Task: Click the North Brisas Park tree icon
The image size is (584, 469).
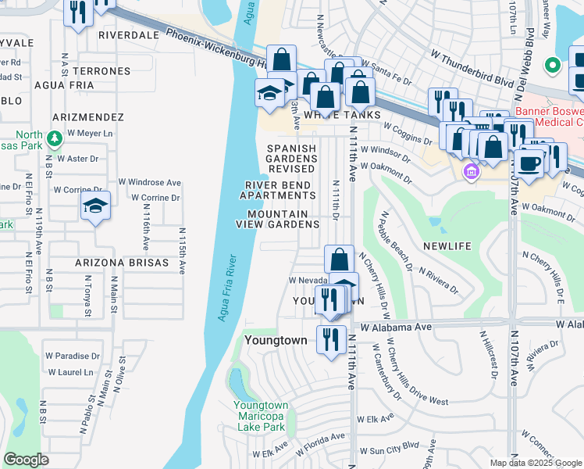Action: (x=54, y=139)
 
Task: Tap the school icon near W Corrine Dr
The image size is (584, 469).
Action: (x=94, y=206)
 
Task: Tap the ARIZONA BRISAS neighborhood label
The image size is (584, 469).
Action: (x=121, y=263)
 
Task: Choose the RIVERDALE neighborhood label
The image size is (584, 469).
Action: (x=129, y=35)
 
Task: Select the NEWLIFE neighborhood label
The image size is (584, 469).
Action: (x=447, y=246)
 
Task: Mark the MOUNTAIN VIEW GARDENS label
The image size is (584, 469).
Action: (x=278, y=219)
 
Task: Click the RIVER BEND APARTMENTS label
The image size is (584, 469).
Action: (x=278, y=190)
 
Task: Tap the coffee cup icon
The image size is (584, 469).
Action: (x=529, y=164)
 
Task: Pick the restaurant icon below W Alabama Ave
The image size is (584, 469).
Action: (x=331, y=338)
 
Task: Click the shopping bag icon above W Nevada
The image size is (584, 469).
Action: (x=339, y=259)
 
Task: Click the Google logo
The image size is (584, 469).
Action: (x=27, y=460)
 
